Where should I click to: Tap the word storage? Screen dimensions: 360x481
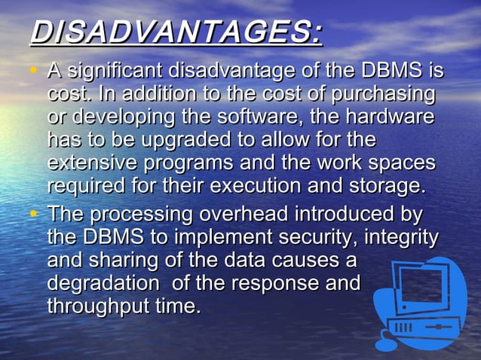[x=394, y=186]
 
